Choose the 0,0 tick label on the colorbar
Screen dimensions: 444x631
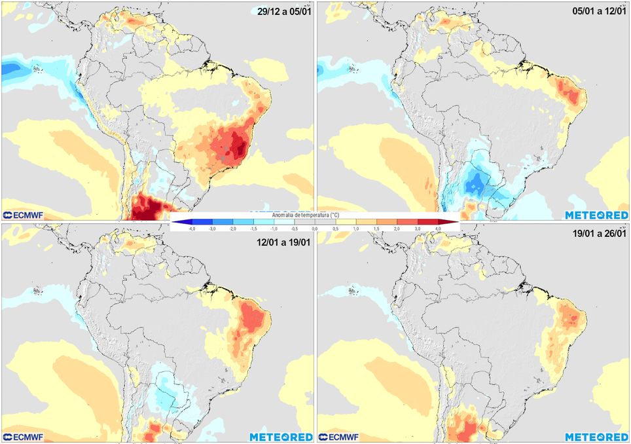(x=315, y=229)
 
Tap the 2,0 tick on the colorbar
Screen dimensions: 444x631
(x=397, y=229)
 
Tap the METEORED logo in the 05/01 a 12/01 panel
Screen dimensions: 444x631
(x=597, y=215)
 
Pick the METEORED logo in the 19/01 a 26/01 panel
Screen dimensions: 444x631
(x=597, y=436)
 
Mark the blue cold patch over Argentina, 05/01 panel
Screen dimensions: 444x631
(x=474, y=185)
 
